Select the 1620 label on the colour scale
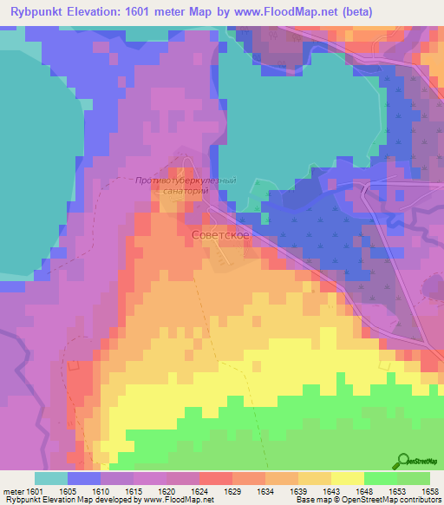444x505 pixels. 166,491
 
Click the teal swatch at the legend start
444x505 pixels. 50,478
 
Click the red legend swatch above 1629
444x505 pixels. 215,478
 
